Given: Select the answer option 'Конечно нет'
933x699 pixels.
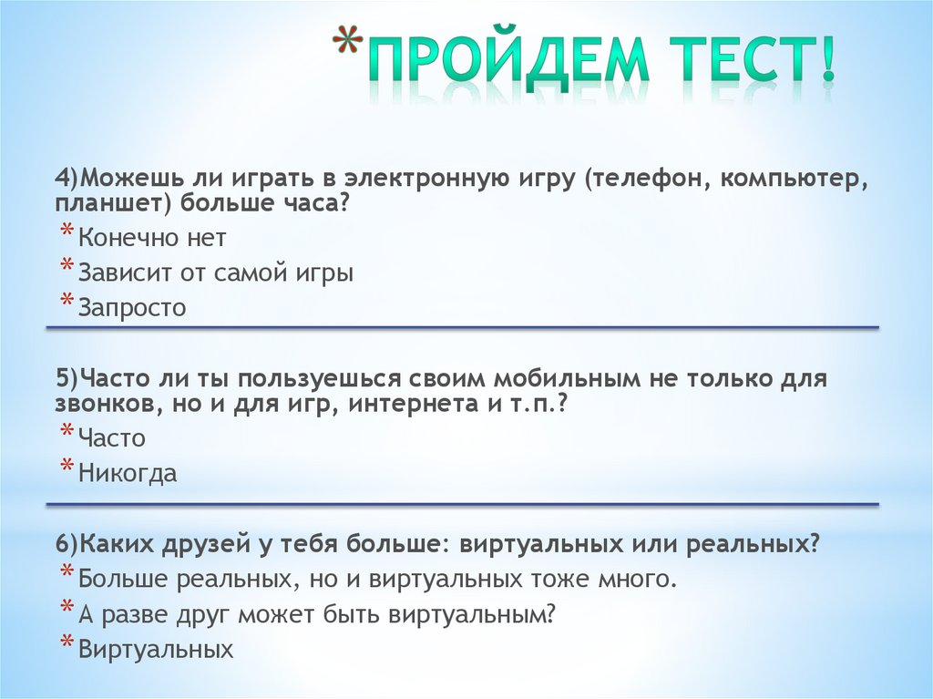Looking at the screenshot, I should [x=151, y=238].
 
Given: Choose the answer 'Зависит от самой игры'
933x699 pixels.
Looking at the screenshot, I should [x=215, y=272].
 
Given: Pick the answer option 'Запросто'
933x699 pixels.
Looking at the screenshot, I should [x=132, y=308].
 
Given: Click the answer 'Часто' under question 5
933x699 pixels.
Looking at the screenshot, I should [x=111, y=438].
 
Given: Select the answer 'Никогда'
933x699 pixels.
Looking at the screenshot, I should [x=128, y=474].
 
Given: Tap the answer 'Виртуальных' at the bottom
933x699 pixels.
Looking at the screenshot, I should [x=156, y=650].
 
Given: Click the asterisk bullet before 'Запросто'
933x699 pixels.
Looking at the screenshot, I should [x=67, y=303].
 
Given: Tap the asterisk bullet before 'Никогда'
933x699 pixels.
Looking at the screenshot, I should [x=67, y=468].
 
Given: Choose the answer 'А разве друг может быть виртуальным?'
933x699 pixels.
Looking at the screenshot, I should [x=316, y=615].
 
